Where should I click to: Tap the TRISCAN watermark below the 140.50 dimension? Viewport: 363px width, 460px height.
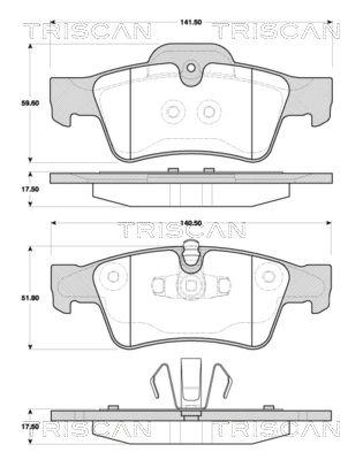[181, 231]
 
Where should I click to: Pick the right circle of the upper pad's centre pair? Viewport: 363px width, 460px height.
[209, 111]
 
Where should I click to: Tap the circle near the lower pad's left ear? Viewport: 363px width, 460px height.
[113, 277]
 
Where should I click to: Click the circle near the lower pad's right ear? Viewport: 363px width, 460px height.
[269, 277]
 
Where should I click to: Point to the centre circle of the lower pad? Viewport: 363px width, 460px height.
[190, 285]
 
